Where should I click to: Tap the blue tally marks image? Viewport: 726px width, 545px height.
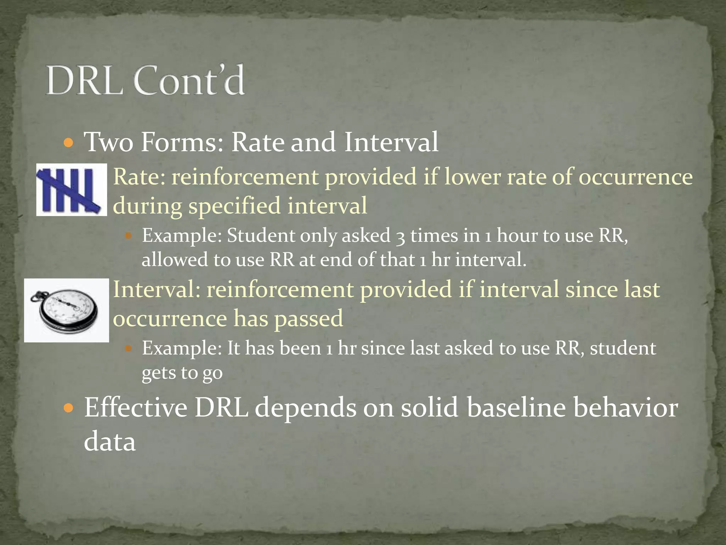coord(71,189)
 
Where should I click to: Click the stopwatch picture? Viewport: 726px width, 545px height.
coord(67,310)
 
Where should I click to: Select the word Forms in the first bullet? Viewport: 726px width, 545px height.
coord(182,142)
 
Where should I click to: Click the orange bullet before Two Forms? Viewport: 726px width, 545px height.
coord(69,143)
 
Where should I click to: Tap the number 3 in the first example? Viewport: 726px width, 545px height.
coord(400,236)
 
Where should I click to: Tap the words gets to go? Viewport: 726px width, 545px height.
coord(182,373)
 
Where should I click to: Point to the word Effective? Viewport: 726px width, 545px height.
coord(135,407)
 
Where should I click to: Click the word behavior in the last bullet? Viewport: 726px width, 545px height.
coord(625,407)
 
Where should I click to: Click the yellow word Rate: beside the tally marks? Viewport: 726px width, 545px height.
coord(139,176)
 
